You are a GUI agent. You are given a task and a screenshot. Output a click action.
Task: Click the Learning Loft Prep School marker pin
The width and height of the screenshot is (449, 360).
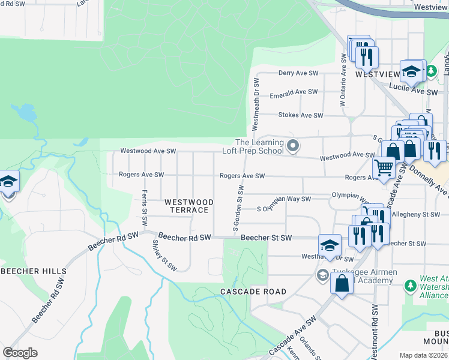pyautogui.click(x=293, y=146)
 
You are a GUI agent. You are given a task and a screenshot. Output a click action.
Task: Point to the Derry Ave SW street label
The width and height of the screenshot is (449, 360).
pyautogui.click(x=298, y=73)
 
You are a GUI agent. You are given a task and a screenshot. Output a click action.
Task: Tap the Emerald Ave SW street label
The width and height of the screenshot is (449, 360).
pyautogui.click(x=294, y=92)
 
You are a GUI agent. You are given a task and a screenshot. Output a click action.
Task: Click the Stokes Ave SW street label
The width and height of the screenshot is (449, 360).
pyautogui.click(x=300, y=115)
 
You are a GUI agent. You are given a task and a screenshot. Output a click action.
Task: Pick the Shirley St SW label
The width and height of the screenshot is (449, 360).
pyautogui.click(x=164, y=256)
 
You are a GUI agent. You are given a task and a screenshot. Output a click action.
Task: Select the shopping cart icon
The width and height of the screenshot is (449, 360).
pyautogui.click(x=384, y=168)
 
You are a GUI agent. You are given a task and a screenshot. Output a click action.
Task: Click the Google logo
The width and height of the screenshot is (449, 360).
pyautogui.click(x=20, y=353)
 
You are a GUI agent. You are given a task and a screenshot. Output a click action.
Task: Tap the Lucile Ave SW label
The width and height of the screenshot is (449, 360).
pyautogui.click(x=414, y=90)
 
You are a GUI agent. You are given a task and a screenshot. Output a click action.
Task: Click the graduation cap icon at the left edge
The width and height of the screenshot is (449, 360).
pyautogui.click(x=8, y=181)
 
